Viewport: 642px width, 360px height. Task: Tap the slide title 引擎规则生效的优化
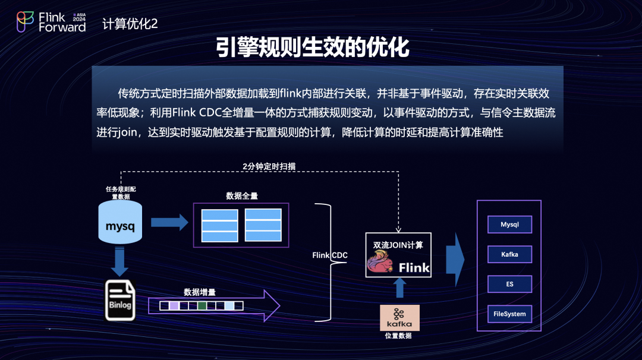click(x=313, y=48)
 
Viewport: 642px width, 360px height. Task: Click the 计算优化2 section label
click(x=130, y=24)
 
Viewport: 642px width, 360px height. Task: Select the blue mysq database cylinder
click(x=121, y=222)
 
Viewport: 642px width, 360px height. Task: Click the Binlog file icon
click(x=120, y=301)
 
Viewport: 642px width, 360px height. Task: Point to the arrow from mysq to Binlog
click(x=120, y=261)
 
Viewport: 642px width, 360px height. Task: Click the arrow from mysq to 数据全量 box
click(x=169, y=222)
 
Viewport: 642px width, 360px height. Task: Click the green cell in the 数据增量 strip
click(x=202, y=305)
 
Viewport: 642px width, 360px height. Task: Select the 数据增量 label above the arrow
click(x=199, y=292)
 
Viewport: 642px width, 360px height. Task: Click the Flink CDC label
click(x=330, y=255)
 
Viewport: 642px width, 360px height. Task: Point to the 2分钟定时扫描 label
click(x=269, y=166)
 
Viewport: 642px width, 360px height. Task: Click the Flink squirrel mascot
click(x=381, y=264)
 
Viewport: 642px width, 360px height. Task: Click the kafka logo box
click(x=399, y=317)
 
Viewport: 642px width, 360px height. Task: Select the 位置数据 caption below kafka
click(x=398, y=336)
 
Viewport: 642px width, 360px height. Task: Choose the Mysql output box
click(x=509, y=225)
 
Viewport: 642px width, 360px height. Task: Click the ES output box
click(x=509, y=284)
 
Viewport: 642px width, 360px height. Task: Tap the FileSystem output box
click(x=509, y=314)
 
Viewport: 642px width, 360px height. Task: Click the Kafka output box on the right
click(x=509, y=254)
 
